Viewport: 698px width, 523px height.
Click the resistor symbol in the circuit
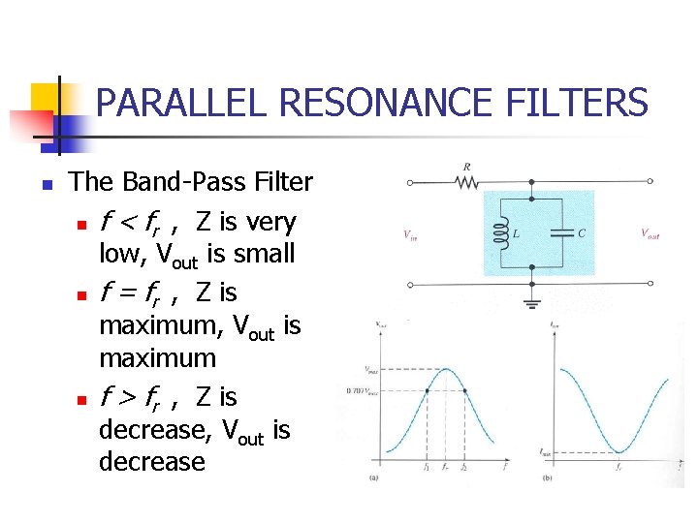click(470, 181)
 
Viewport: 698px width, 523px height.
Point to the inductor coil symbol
click(502, 233)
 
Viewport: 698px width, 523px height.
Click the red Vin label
click(411, 233)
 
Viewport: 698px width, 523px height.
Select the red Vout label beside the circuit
click(650, 233)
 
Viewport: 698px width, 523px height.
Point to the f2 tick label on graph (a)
click(465, 468)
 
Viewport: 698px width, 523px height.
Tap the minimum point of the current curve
click(617, 451)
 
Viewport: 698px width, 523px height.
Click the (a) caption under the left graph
click(373, 477)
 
